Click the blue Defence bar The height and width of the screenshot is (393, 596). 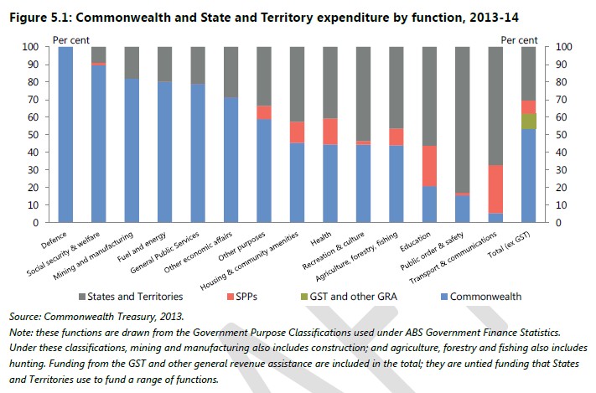point(65,134)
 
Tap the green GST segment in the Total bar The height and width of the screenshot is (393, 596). point(529,121)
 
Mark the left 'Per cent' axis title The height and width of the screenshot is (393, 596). point(71,39)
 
